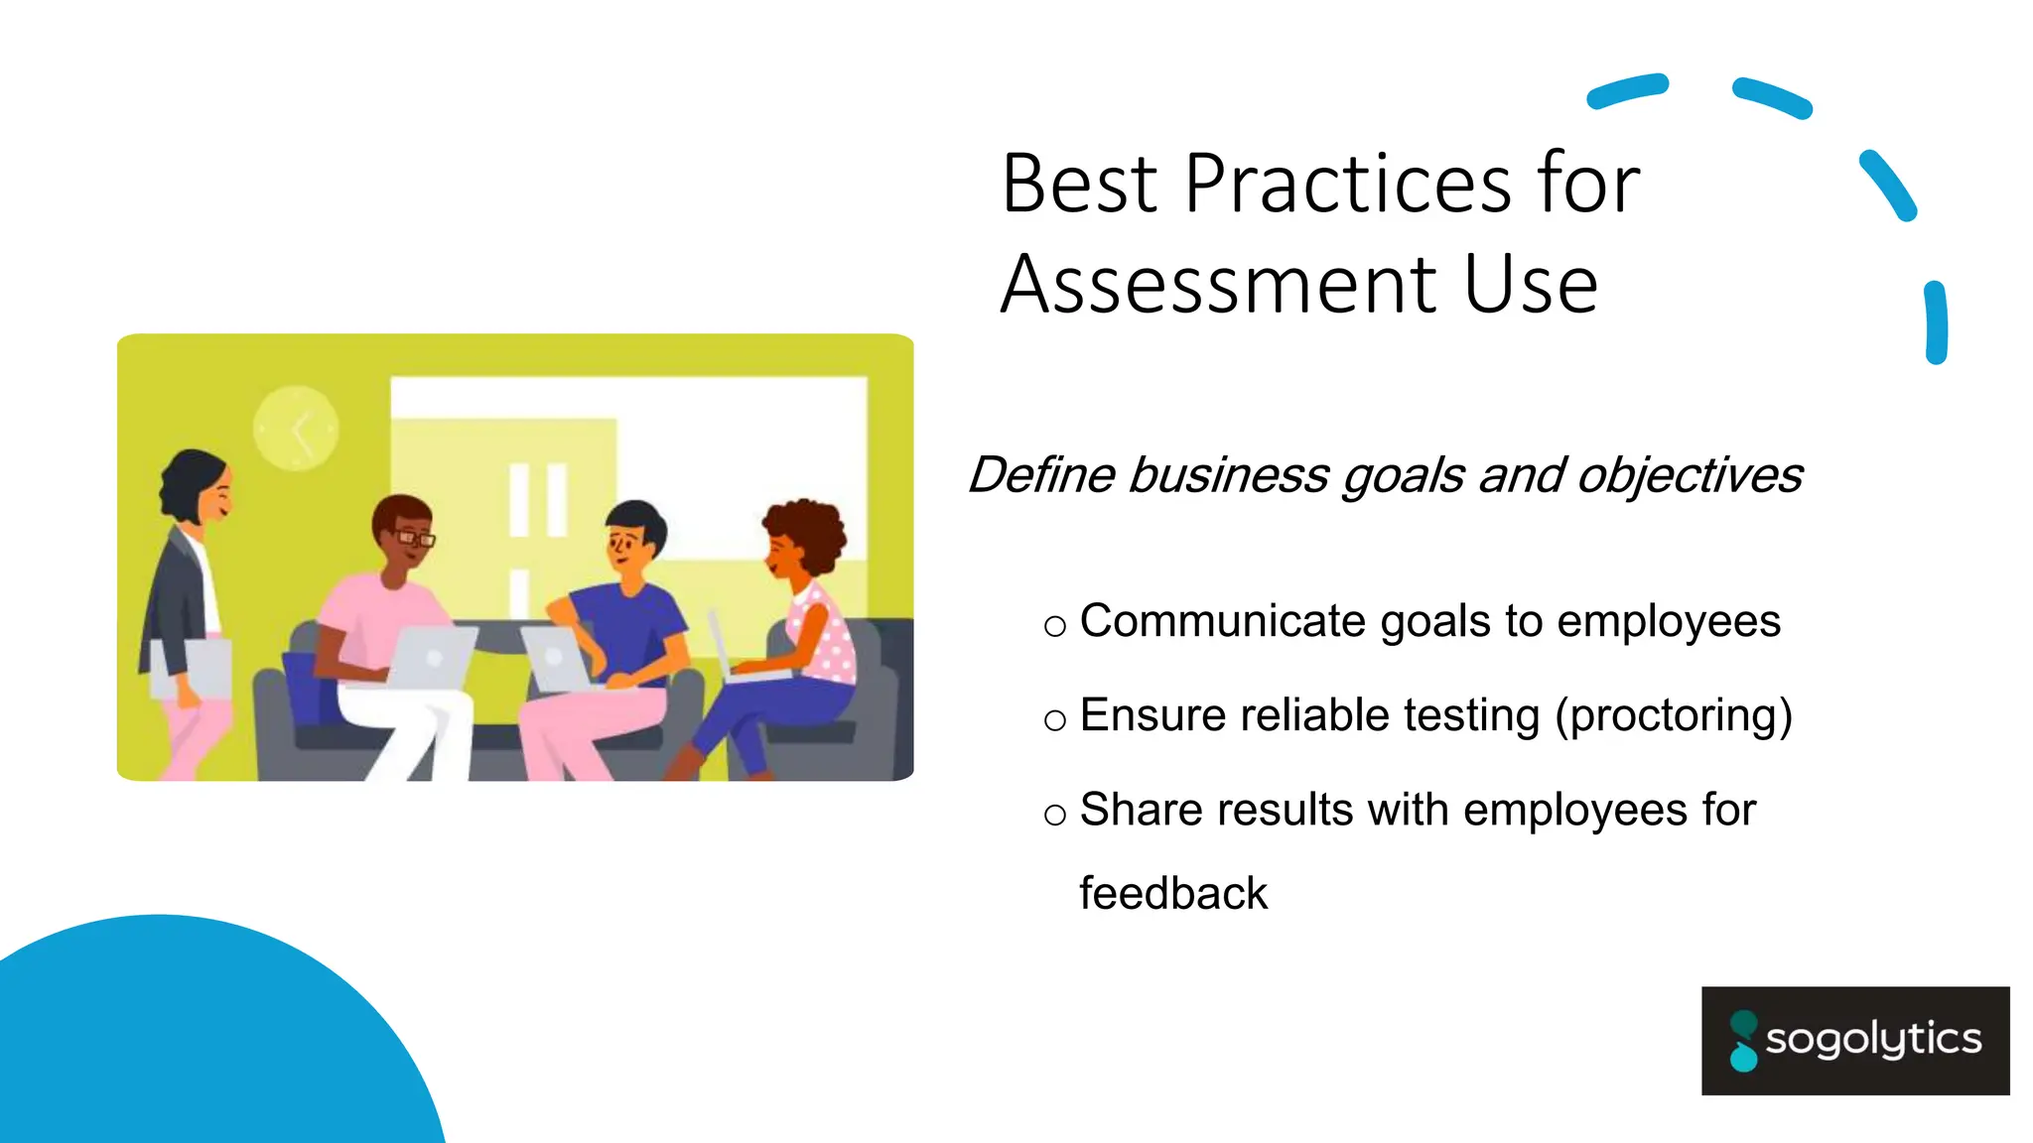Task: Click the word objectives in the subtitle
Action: click(1690, 476)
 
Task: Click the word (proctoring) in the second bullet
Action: click(1674, 715)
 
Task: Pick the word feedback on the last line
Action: click(1173, 894)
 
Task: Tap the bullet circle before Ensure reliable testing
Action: click(1055, 720)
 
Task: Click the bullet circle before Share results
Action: click(1055, 815)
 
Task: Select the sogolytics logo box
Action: click(1854, 1040)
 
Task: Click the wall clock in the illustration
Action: click(296, 428)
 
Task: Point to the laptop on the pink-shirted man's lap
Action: click(432, 657)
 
